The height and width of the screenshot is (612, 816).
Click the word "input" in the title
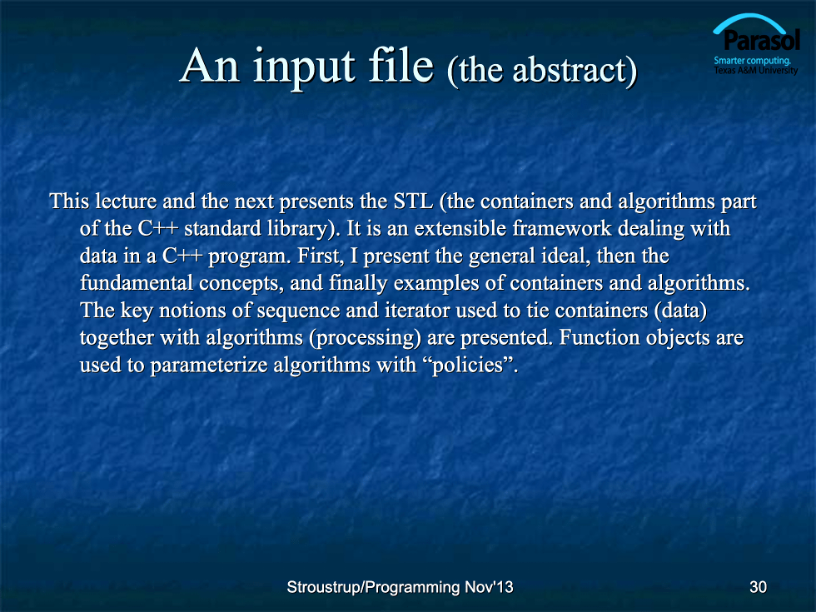tap(305, 67)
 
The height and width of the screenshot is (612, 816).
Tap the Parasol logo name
tap(761, 41)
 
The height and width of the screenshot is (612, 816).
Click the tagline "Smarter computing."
tap(752, 60)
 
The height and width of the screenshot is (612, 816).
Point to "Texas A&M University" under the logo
tap(756, 70)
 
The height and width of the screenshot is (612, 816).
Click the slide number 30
tap(758, 587)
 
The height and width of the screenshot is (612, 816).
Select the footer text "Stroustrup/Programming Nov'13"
tap(400, 587)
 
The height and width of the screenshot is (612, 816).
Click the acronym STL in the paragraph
tap(413, 201)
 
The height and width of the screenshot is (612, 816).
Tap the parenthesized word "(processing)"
tap(365, 338)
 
